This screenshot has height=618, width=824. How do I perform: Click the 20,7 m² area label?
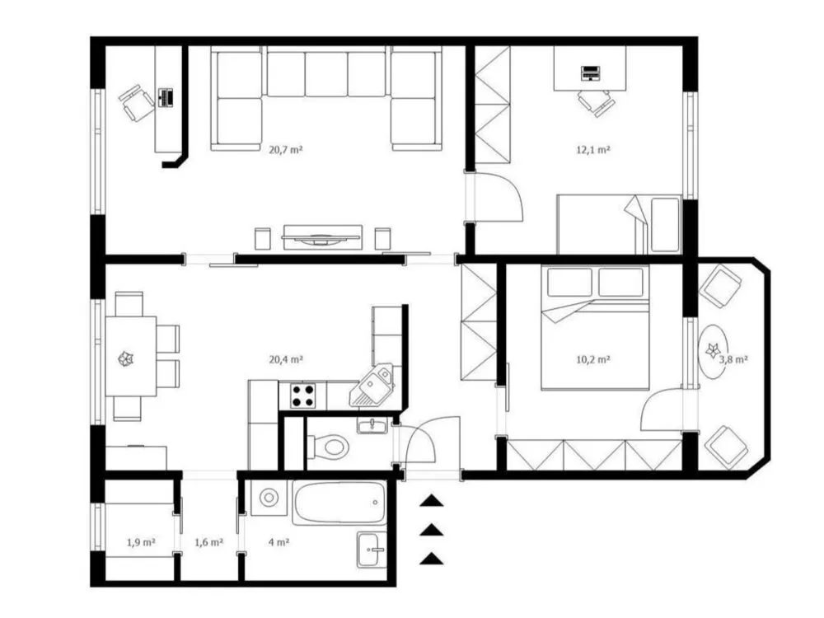[x=286, y=149]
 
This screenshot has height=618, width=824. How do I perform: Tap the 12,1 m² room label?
[x=593, y=149]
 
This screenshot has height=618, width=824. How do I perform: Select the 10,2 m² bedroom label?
[x=593, y=359]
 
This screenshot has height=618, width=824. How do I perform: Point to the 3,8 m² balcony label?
[x=733, y=359]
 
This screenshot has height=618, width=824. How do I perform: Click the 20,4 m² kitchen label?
[x=286, y=359]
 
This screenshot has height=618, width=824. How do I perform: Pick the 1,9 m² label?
[x=141, y=542]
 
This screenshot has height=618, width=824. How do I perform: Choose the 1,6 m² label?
[x=209, y=542]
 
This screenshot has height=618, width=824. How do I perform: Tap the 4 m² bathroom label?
[x=279, y=542]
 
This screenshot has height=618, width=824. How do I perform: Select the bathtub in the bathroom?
[x=339, y=503]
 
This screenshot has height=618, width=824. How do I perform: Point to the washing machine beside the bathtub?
[x=269, y=497]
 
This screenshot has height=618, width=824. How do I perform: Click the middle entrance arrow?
[x=431, y=530]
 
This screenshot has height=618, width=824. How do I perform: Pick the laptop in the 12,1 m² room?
[x=590, y=73]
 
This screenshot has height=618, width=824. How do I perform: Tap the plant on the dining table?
[x=125, y=359]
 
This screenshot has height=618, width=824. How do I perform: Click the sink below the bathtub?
[x=372, y=550]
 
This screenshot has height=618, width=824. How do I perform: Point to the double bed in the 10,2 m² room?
[x=594, y=327]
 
